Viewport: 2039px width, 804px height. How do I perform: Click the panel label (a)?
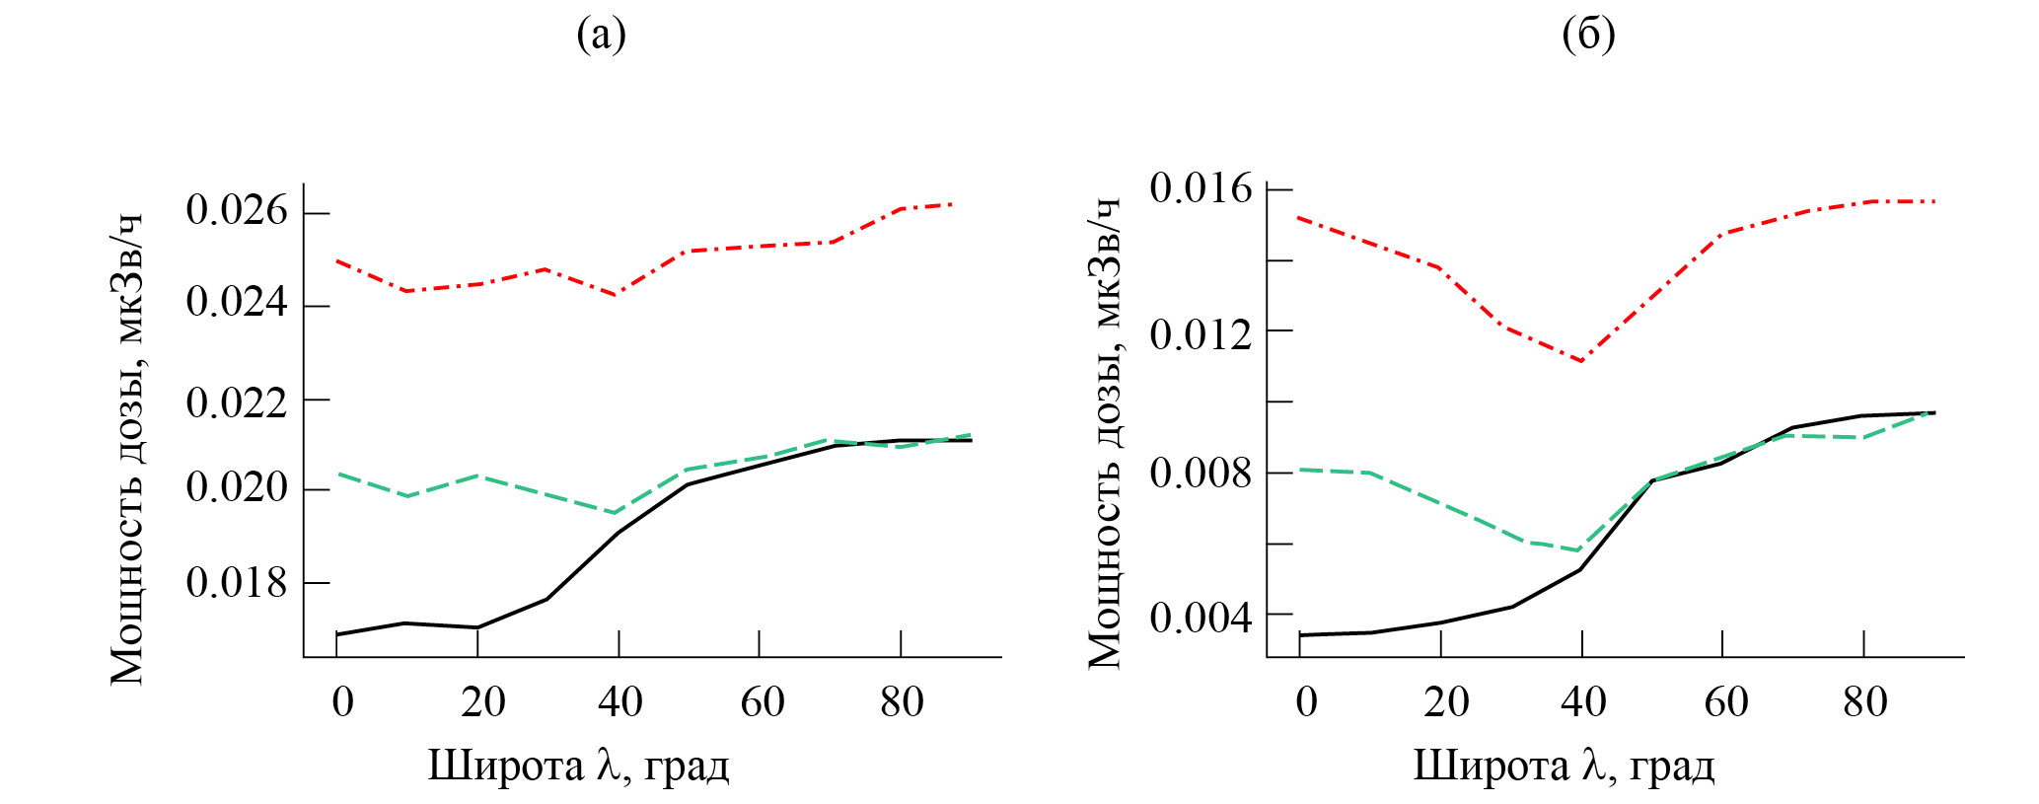pyautogui.click(x=601, y=36)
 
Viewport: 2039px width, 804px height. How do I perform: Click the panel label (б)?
pyautogui.click(x=1588, y=36)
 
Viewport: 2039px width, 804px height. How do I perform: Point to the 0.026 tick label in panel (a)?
pyautogui.click(x=237, y=211)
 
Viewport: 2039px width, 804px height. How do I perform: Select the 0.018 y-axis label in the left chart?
pyautogui.click(x=237, y=582)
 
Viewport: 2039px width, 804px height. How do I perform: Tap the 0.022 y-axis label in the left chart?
pyautogui.click(x=237, y=402)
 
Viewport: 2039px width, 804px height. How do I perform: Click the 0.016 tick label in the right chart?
pyautogui.click(x=1200, y=187)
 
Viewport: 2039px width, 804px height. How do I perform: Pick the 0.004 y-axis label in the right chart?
pyautogui.click(x=1200, y=619)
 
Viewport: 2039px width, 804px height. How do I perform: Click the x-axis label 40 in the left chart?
pyautogui.click(x=619, y=702)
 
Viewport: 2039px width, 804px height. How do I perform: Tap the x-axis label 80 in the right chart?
pyautogui.click(x=1864, y=702)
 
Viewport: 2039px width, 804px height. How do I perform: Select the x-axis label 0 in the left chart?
pyautogui.click(x=342, y=702)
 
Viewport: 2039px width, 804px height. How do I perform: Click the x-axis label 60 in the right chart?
pyautogui.click(x=1725, y=702)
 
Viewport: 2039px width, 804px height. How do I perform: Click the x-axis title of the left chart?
pyautogui.click(x=578, y=766)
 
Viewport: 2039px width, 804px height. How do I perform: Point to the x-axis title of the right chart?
pyautogui.click(x=1564, y=766)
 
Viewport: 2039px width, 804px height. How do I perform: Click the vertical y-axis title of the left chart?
pyautogui.click(x=127, y=449)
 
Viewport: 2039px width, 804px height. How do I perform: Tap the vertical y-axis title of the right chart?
pyautogui.click(x=1105, y=434)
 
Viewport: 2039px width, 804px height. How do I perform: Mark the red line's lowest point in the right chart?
pyautogui.click(x=1581, y=361)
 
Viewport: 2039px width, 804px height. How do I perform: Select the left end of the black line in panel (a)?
pyautogui.click(x=337, y=633)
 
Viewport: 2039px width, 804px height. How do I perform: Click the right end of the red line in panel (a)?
pyautogui.click(x=951, y=204)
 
